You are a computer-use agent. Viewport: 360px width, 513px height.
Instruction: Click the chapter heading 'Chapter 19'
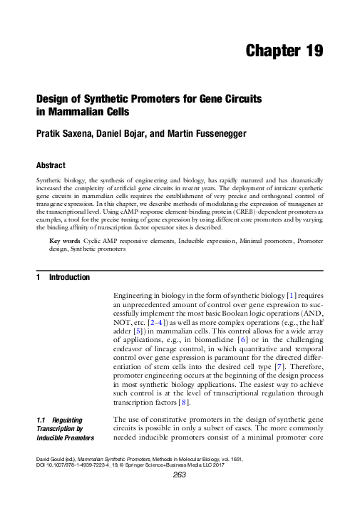[284, 51]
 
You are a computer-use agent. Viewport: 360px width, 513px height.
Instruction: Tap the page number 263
[180, 496]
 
